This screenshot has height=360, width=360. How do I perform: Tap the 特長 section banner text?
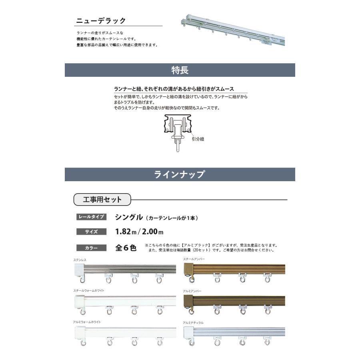180,70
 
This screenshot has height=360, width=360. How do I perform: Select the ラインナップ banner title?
180,174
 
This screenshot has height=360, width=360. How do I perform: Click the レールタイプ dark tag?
91,217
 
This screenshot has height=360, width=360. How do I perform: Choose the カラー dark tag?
91,248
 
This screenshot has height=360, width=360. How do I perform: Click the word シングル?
129,217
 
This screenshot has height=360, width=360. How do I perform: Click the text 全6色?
126,248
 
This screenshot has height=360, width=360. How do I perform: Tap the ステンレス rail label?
80,260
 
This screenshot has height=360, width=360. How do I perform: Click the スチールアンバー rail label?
194,260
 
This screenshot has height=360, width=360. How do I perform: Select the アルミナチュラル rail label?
193,322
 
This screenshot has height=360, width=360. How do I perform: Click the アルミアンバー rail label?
192,291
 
